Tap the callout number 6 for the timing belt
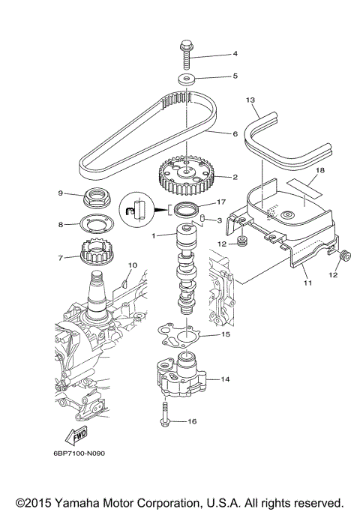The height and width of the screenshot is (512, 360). pos(235,133)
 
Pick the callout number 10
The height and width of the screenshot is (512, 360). pos(132,265)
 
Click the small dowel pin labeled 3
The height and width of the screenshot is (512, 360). pos(202,218)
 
